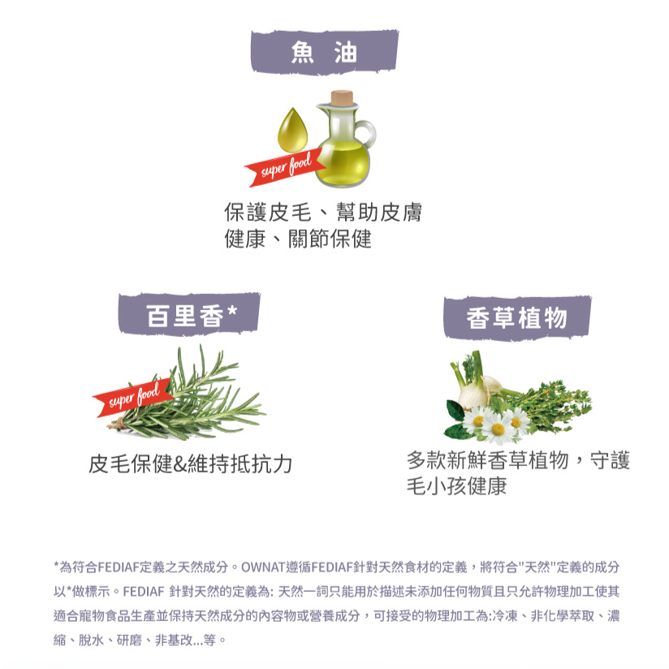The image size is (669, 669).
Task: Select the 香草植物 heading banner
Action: click(516, 317)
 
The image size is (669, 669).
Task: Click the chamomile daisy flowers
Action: click(497, 424)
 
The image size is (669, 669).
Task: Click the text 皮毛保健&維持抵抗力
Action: click(190, 464)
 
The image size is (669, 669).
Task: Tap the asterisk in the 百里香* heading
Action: click(231, 313)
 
